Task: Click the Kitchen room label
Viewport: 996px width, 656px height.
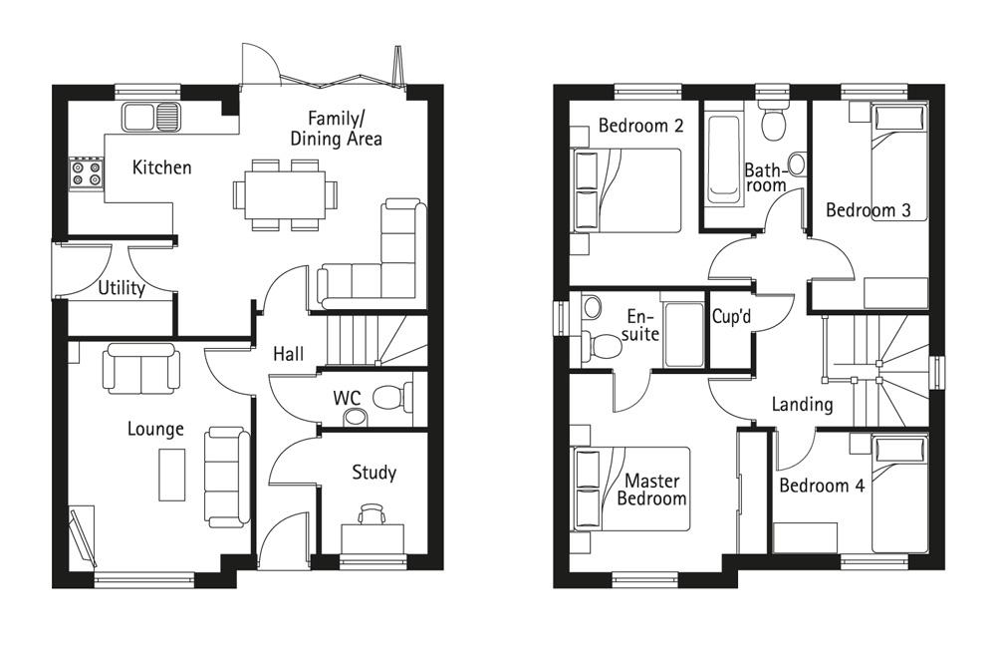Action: pos(161,167)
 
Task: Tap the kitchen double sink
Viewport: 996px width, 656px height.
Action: pos(151,117)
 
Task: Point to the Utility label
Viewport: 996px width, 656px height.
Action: pos(122,288)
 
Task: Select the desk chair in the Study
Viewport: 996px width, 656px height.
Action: pos(372,513)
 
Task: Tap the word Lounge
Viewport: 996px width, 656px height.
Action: pos(155,429)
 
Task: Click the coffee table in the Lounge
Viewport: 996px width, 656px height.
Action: pos(171,475)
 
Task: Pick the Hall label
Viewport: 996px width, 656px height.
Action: pos(289,354)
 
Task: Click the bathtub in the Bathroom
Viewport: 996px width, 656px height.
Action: pos(723,160)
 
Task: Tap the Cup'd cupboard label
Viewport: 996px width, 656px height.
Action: pos(731,316)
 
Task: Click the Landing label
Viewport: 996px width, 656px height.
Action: pos(802,405)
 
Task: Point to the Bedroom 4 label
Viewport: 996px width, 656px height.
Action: pos(822,486)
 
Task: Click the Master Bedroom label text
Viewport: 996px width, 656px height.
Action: pos(651,490)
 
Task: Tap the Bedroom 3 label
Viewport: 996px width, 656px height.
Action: pos(869,209)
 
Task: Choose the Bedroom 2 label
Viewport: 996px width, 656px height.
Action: pos(640,126)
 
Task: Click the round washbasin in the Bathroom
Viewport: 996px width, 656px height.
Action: pos(797,164)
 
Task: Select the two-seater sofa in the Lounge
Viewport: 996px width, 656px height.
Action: pos(141,368)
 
